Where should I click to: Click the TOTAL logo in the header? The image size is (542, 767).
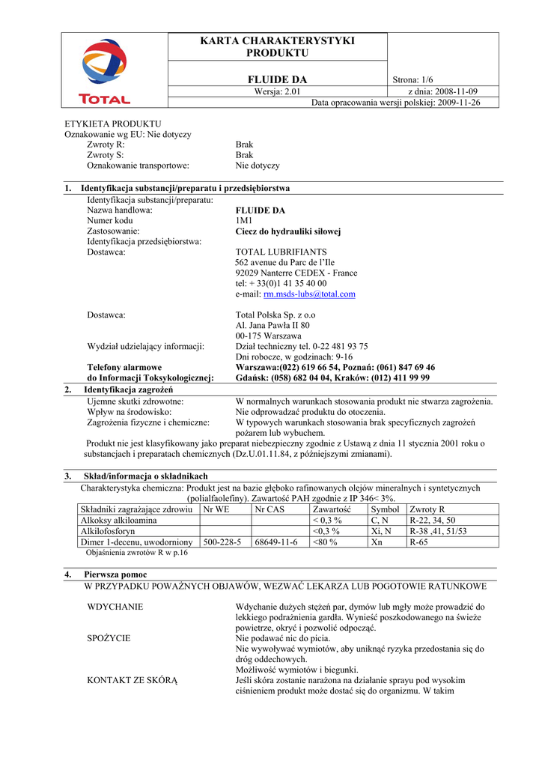click(104, 72)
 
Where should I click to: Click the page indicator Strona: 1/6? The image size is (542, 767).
click(413, 80)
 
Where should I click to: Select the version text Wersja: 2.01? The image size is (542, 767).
click(277, 91)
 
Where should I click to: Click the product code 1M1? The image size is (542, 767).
click(244, 221)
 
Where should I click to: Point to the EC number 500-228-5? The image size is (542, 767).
click(222, 542)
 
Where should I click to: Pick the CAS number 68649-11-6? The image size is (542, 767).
click(276, 542)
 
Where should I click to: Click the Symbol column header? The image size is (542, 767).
click(385, 509)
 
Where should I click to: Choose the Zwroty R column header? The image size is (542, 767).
click(427, 509)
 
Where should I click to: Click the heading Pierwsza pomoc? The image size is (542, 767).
click(116, 575)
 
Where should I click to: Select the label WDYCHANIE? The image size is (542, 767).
click(115, 607)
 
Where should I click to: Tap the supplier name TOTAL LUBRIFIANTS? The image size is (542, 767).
click(281, 252)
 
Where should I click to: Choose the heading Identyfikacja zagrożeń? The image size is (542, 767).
click(129, 390)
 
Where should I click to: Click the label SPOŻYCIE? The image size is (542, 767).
click(109, 638)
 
